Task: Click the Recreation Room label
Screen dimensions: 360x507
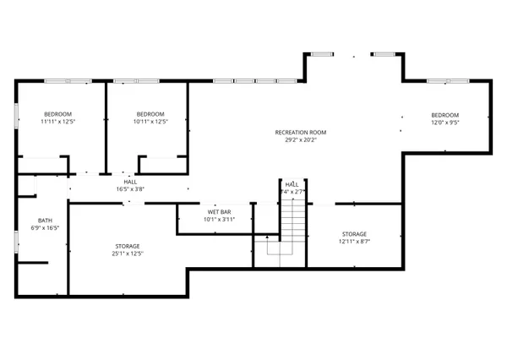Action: coord(300,132)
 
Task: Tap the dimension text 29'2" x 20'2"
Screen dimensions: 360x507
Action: coord(300,140)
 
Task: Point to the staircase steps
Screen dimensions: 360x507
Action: coord(292,224)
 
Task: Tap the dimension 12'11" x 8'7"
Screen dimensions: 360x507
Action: coord(354,242)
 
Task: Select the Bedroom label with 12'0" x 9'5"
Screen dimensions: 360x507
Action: coord(444,115)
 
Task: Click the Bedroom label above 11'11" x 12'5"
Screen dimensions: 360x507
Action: coord(57,114)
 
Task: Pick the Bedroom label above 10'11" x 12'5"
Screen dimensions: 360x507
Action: coord(150,114)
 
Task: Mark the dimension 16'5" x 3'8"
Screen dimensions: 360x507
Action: coord(131,189)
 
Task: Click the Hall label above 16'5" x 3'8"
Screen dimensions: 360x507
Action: coord(131,181)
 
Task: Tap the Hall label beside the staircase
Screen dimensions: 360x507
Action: coord(292,184)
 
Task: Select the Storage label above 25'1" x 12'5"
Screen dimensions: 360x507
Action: coord(128,246)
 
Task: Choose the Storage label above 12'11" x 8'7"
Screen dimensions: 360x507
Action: coord(354,233)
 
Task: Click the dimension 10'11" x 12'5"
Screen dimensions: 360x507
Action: coord(150,123)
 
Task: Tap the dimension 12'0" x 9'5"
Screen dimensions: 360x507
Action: coord(444,123)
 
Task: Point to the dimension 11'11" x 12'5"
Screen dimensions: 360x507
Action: coord(57,123)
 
